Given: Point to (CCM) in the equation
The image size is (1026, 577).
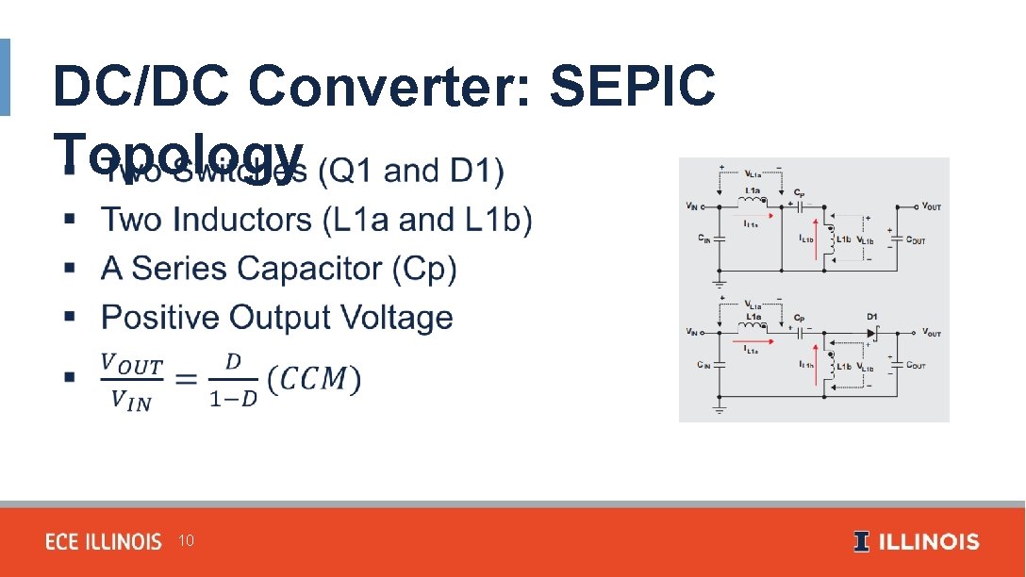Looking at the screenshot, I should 313,379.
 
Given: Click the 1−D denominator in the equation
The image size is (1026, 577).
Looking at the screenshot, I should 232,399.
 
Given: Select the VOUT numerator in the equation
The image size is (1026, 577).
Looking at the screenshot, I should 132,364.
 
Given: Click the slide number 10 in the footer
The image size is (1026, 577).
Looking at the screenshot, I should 186,541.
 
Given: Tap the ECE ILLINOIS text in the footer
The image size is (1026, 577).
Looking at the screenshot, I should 104,542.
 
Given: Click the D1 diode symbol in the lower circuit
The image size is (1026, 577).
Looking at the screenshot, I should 872,333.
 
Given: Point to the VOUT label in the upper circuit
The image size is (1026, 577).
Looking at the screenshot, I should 931,206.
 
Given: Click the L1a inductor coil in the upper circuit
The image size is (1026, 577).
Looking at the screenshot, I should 753,201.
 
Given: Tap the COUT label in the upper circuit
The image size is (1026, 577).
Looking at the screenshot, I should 916,240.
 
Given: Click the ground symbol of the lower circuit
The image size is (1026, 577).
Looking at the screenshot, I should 720,409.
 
